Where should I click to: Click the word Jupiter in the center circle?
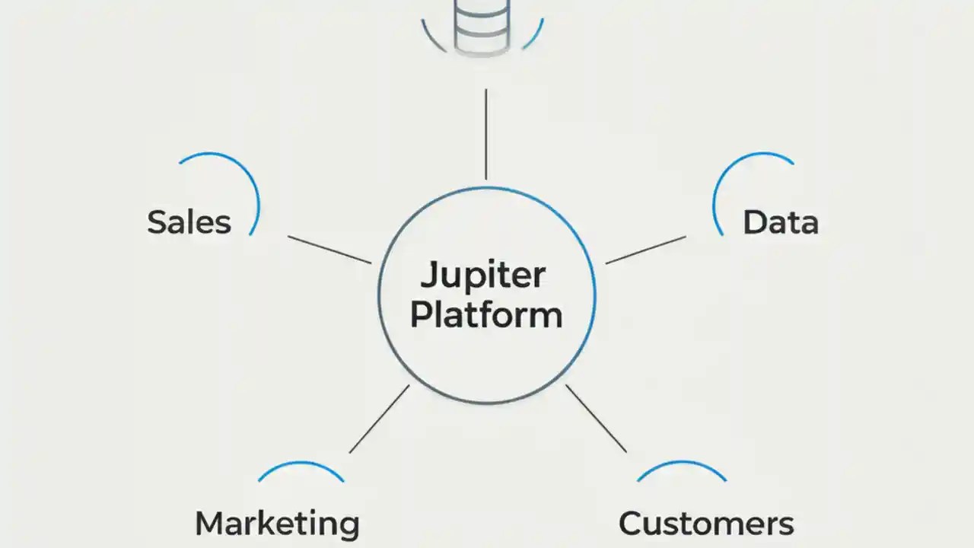pyautogui.click(x=482, y=276)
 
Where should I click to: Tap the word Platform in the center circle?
pyautogui.click(x=486, y=315)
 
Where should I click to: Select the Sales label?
pyautogui.click(x=189, y=222)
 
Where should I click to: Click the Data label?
pyautogui.click(x=780, y=222)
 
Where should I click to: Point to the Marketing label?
pyautogui.click(x=277, y=524)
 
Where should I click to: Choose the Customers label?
pyautogui.click(x=706, y=524)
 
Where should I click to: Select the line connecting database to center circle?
pyautogui.click(x=485, y=133)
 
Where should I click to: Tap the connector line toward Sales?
pyautogui.click(x=329, y=250)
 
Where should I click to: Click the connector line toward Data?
pyautogui.click(x=645, y=250)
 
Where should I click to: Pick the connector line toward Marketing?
pyautogui.click(x=379, y=419)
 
